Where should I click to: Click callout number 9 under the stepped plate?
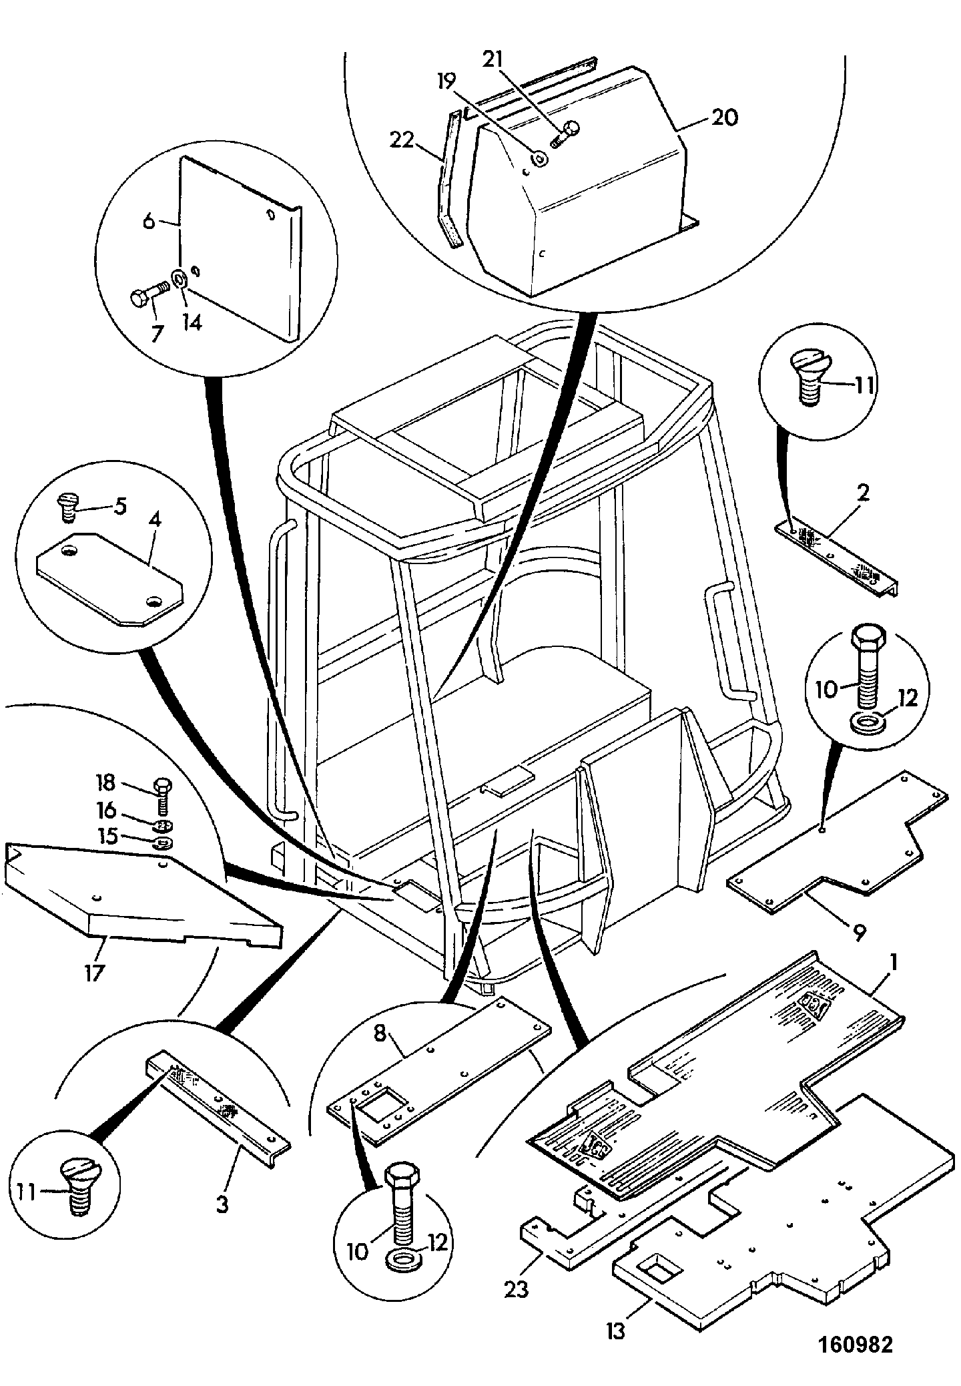(x=858, y=933)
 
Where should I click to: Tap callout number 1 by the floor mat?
(x=893, y=963)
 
